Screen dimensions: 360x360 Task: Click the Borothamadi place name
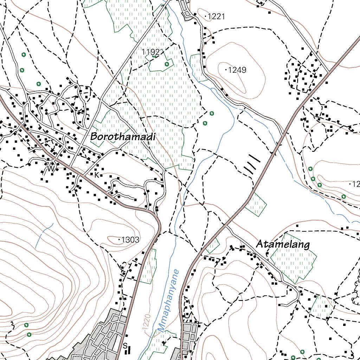123,137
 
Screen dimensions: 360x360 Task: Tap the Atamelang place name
283,244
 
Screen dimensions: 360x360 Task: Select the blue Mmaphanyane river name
168,301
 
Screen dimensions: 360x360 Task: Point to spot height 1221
216,16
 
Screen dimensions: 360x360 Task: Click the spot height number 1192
150,52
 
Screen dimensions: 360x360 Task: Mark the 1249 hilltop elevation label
237,70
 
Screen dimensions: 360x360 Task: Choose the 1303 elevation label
130,240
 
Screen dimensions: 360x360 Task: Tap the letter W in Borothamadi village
51,169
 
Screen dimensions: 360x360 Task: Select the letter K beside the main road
96,174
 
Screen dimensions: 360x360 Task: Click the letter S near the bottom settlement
124,346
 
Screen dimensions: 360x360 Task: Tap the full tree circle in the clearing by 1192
167,64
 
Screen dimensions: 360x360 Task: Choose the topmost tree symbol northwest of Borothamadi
24,54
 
